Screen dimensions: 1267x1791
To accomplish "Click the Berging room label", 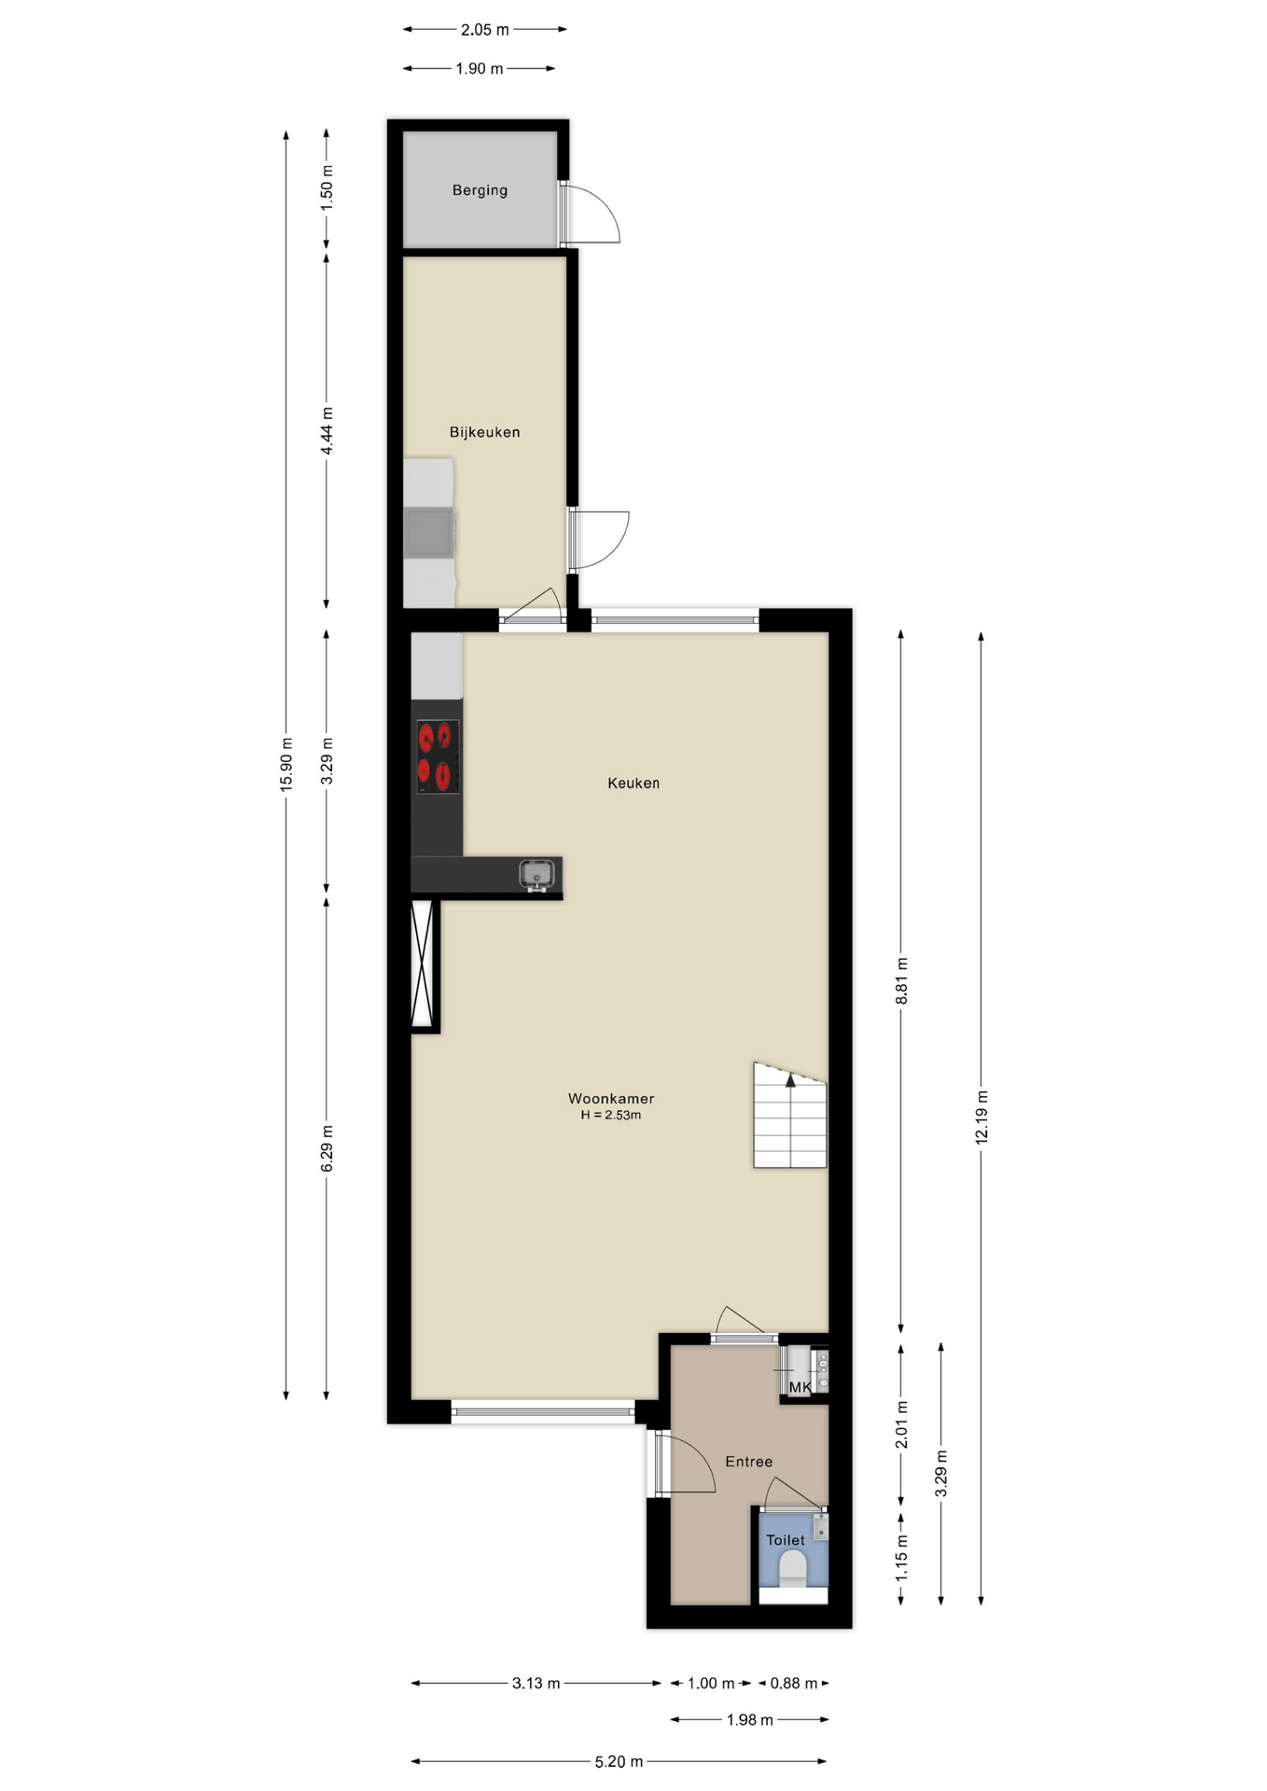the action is [480, 190].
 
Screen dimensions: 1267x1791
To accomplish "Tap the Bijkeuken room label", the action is [484, 432].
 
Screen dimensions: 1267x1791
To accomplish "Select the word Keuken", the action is [633, 784].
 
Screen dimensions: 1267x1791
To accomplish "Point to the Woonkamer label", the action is [611, 1099].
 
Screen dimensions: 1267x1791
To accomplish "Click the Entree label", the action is [749, 1462].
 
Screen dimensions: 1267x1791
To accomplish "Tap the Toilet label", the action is [786, 1540].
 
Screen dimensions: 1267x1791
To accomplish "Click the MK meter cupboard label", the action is [801, 1388].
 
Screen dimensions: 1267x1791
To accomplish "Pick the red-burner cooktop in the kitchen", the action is [438, 757].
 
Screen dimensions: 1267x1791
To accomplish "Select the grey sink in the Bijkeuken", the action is [430, 533].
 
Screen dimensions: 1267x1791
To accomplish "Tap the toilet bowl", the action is [793, 1569].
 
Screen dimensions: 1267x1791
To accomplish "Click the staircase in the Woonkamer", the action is [790, 1115].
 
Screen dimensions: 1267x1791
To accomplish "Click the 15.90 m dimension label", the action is [287, 765].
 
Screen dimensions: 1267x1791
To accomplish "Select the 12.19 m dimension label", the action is [982, 1118].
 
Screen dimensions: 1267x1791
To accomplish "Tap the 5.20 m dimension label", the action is [620, 1762].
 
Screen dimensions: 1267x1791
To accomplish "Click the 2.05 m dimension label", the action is [485, 30].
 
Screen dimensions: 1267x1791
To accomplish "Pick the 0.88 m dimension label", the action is [794, 1684].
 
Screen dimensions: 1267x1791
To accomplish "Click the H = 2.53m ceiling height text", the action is [611, 1116].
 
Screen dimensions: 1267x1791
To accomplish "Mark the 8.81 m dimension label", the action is [902, 981].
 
